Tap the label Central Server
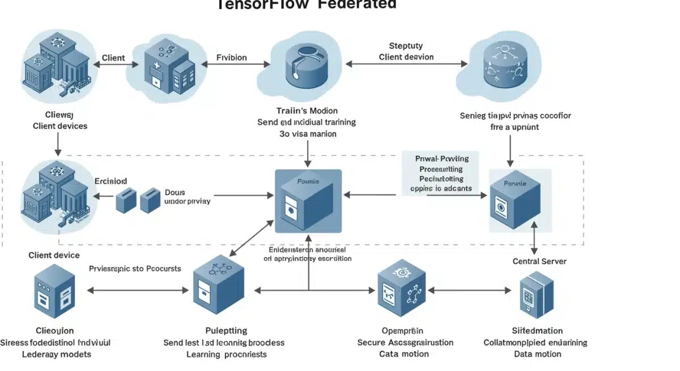point(539,262)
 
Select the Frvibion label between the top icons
point(232,57)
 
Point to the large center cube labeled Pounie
point(308,201)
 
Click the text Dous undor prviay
point(187,196)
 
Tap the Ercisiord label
point(111,181)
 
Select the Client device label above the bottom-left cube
point(54,255)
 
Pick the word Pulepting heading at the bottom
point(226,331)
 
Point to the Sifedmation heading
point(537,331)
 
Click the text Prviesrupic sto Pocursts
point(135,268)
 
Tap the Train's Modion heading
point(307,111)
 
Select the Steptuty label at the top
point(406,46)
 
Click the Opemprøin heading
point(403,331)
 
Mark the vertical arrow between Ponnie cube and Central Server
point(534,238)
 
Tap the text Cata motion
point(403,354)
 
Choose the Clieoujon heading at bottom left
point(54,331)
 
